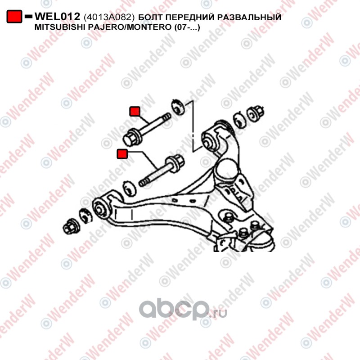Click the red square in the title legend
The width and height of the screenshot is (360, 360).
(14, 17)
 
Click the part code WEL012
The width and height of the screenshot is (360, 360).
(57, 17)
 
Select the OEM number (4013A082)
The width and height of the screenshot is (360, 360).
(109, 17)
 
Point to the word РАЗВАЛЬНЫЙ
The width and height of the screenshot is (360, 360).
(249, 17)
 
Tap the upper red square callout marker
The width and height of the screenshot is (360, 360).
(135, 111)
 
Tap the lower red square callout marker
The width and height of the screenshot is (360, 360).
(122, 154)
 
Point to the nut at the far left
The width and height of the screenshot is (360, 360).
(71, 226)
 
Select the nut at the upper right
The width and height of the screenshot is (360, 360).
(255, 113)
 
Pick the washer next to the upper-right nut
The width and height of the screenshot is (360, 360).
(240, 120)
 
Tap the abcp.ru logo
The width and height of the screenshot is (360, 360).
(183, 310)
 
